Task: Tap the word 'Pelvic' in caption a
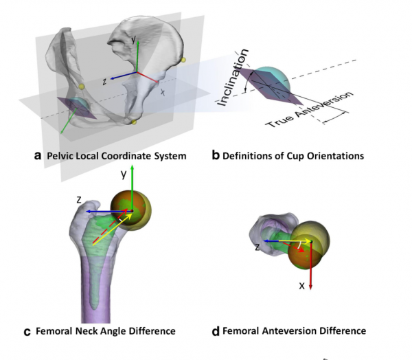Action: pyautogui.click(x=64, y=156)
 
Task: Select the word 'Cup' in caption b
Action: pyautogui.click(x=284, y=156)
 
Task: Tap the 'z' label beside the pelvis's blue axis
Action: pyautogui.click(x=104, y=80)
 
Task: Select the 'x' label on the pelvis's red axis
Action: pyautogui.click(x=161, y=89)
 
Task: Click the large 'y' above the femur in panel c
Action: pyautogui.click(x=124, y=175)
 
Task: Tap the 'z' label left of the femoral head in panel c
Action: pyautogui.click(x=80, y=199)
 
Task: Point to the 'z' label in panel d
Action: pyautogui.click(x=255, y=245)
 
